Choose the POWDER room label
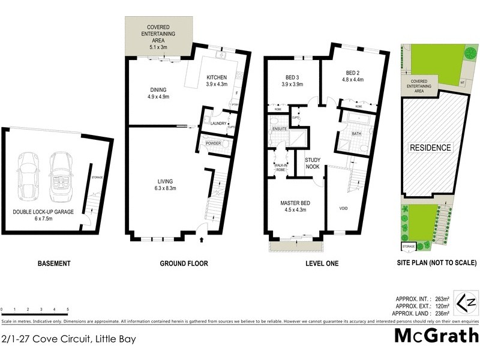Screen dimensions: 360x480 (213, 143)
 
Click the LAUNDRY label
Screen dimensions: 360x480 (218, 124)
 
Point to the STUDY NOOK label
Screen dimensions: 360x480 (313, 164)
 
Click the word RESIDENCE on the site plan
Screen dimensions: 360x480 (430, 147)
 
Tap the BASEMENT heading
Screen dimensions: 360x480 (54, 263)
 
